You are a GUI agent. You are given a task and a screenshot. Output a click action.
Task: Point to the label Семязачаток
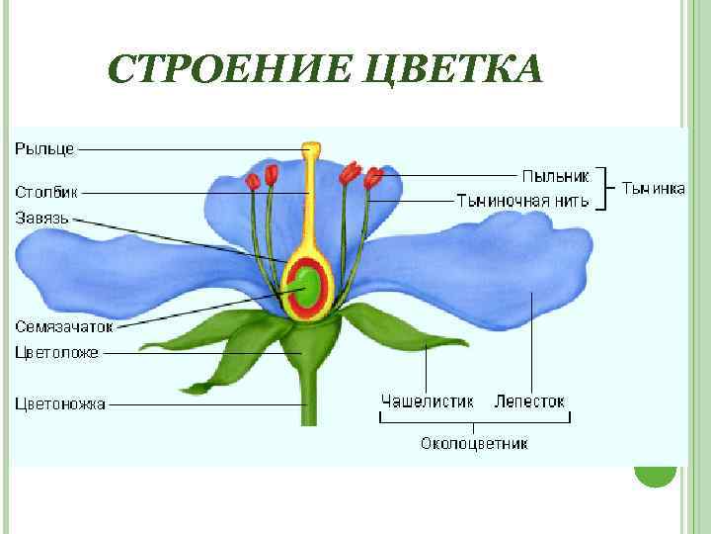pos(64,325)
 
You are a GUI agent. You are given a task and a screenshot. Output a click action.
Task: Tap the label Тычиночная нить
pos(522,201)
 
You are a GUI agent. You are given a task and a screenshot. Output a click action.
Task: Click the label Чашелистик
pos(427,402)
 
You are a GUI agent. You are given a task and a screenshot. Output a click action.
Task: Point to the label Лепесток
pos(529,402)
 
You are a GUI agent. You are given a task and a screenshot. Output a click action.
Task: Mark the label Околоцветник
pos(473,443)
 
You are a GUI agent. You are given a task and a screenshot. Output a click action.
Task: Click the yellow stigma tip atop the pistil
pos(312,150)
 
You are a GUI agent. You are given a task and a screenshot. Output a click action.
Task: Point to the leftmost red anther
pos(253,181)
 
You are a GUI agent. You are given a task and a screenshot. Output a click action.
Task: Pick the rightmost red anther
pos(373,179)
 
